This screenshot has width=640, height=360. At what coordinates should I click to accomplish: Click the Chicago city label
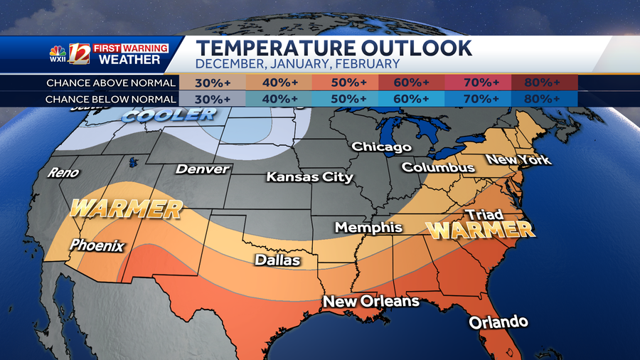(x=382, y=147)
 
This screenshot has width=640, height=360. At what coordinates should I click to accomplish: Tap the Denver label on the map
(x=203, y=169)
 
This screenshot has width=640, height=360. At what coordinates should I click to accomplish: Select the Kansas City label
(x=309, y=176)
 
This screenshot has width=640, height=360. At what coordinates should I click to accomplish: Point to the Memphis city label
(x=368, y=228)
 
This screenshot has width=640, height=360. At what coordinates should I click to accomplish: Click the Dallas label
(x=277, y=260)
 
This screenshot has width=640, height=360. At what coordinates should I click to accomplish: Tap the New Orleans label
(x=371, y=302)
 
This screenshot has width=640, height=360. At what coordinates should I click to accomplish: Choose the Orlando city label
(x=498, y=322)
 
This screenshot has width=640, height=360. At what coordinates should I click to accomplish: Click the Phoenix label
(x=97, y=246)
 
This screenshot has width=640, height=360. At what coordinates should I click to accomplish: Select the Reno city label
(x=63, y=173)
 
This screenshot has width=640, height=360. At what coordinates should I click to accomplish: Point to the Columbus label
(x=438, y=168)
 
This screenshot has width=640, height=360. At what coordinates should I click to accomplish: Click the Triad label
(x=484, y=214)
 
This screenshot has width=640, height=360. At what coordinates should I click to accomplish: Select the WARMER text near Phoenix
(x=126, y=209)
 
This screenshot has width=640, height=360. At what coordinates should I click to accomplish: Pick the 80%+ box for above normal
(x=542, y=83)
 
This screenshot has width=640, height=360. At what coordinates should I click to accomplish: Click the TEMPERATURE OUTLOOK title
(x=334, y=48)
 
